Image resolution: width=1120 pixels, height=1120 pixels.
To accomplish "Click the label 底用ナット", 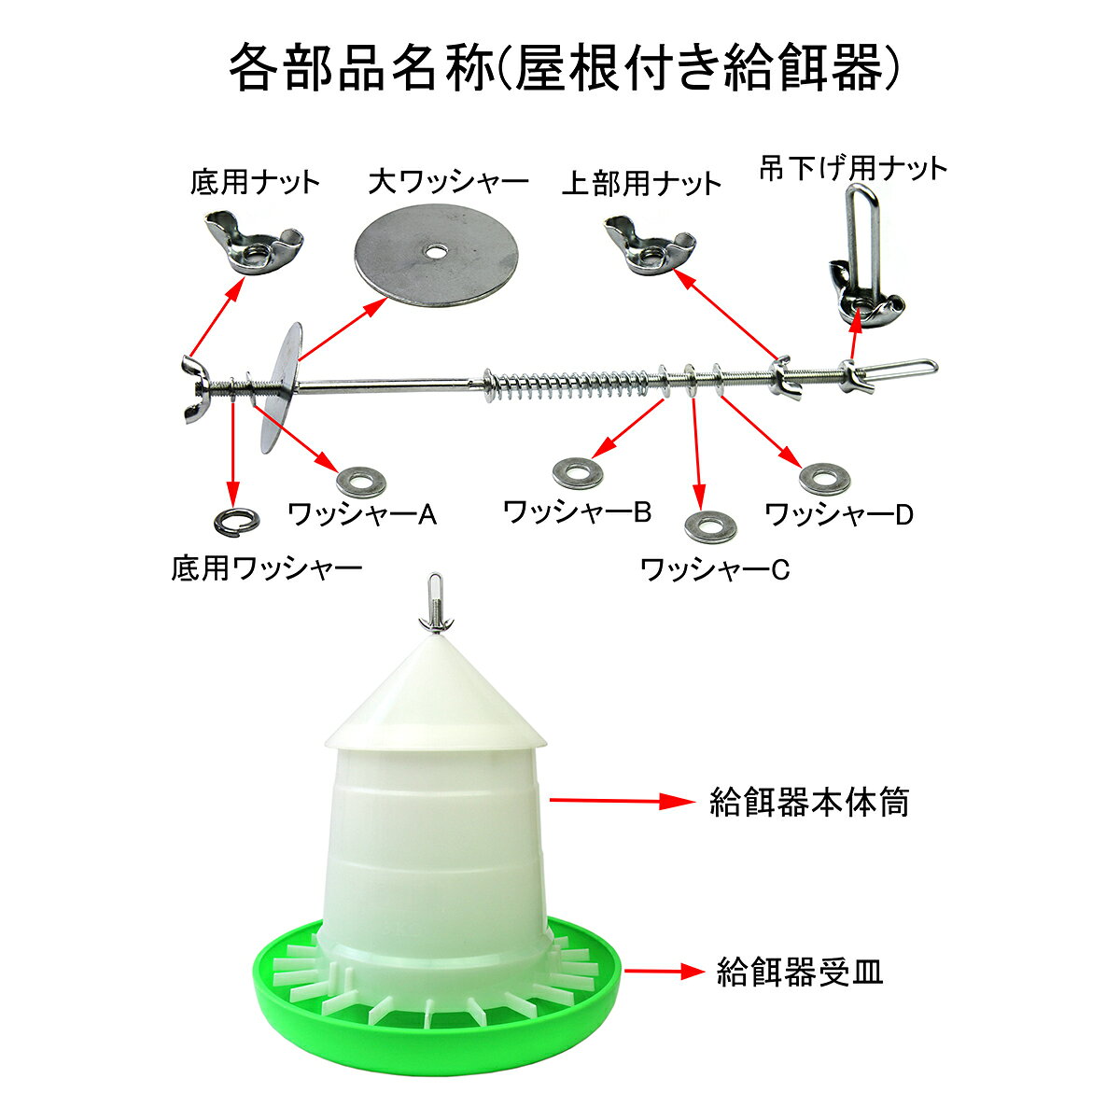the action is [x=255, y=183].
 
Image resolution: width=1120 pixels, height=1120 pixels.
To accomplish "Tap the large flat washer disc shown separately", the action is [x=436, y=255].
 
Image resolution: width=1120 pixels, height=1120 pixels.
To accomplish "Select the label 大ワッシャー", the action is [x=449, y=182].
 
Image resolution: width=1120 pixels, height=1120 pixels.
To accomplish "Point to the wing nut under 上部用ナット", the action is [x=651, y=245].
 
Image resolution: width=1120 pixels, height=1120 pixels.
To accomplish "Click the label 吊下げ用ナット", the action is [x=853, y=169].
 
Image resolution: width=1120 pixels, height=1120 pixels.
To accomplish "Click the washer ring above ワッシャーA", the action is [x=361, y=482].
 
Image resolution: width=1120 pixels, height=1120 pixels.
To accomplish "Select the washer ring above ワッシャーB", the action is [x=577, y=473].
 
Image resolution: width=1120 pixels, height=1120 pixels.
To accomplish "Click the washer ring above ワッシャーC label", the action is [x=710, y=526].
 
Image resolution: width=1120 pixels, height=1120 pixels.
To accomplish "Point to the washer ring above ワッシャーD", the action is [x=824, y=479].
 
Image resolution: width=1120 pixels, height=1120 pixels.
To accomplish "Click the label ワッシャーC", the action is [x=714, y=569].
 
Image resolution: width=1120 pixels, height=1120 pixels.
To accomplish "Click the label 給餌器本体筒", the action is [x=809, y=803].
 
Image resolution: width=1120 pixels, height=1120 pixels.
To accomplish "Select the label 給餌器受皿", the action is [x=800, y=972].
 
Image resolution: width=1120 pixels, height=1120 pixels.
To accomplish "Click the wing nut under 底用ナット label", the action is [x=254, y=243].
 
